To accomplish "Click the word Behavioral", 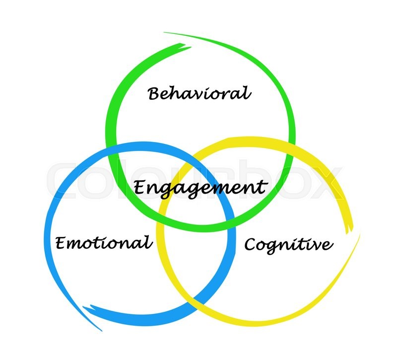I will (199, 93).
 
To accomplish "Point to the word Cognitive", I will (288, 244).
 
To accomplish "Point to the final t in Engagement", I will (262, 187).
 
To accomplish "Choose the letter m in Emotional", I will (76, 244).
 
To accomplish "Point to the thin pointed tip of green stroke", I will (165, 33).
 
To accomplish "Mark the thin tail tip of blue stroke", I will (102, 330).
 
